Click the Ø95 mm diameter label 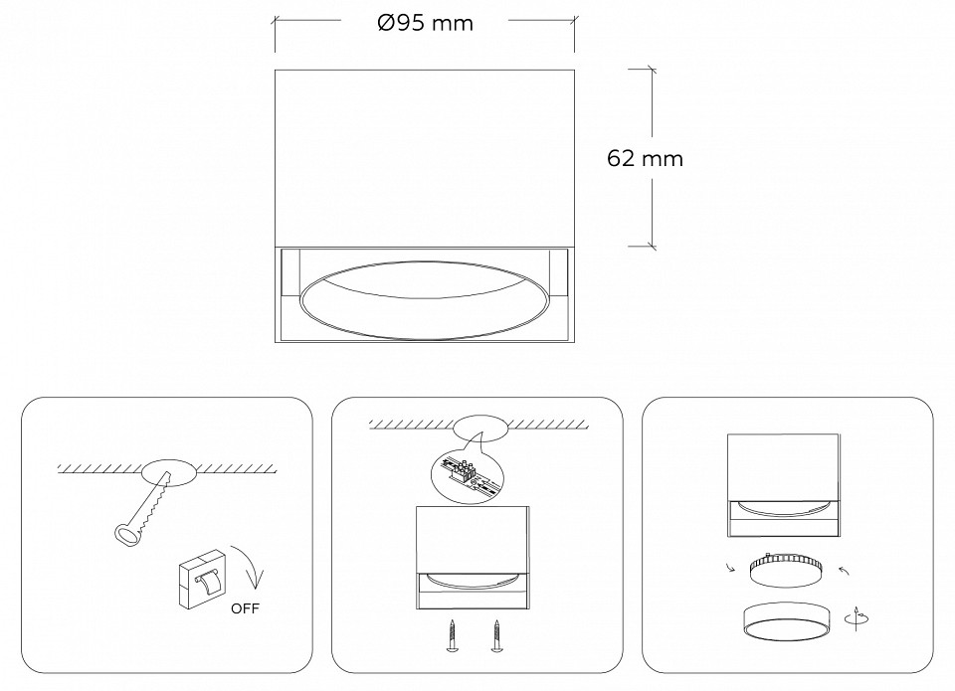(425, 23)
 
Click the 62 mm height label (645, 158)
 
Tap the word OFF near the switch (245, 608)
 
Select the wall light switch (203, 579)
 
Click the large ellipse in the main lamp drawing (424, 300)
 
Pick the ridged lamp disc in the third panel (786, 570)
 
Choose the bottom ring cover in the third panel (783, 621)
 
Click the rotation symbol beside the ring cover (857, 618)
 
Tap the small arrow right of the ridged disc (844, 571)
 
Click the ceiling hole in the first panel (169, 473)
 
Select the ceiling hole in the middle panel (481, 428)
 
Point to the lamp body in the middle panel (473, 558)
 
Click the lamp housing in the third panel (784, 485)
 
